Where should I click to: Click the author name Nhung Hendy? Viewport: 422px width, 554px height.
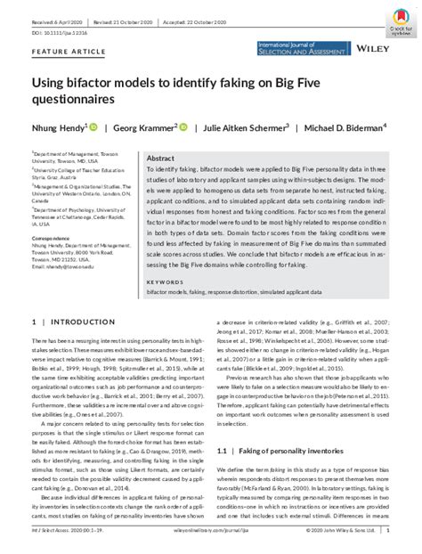tap(58, 126)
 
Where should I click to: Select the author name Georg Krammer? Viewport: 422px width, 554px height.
tap(146, 126)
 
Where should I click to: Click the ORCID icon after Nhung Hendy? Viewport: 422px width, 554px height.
tap(93, 126)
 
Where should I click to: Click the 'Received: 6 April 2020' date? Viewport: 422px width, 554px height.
tap(56, 8)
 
